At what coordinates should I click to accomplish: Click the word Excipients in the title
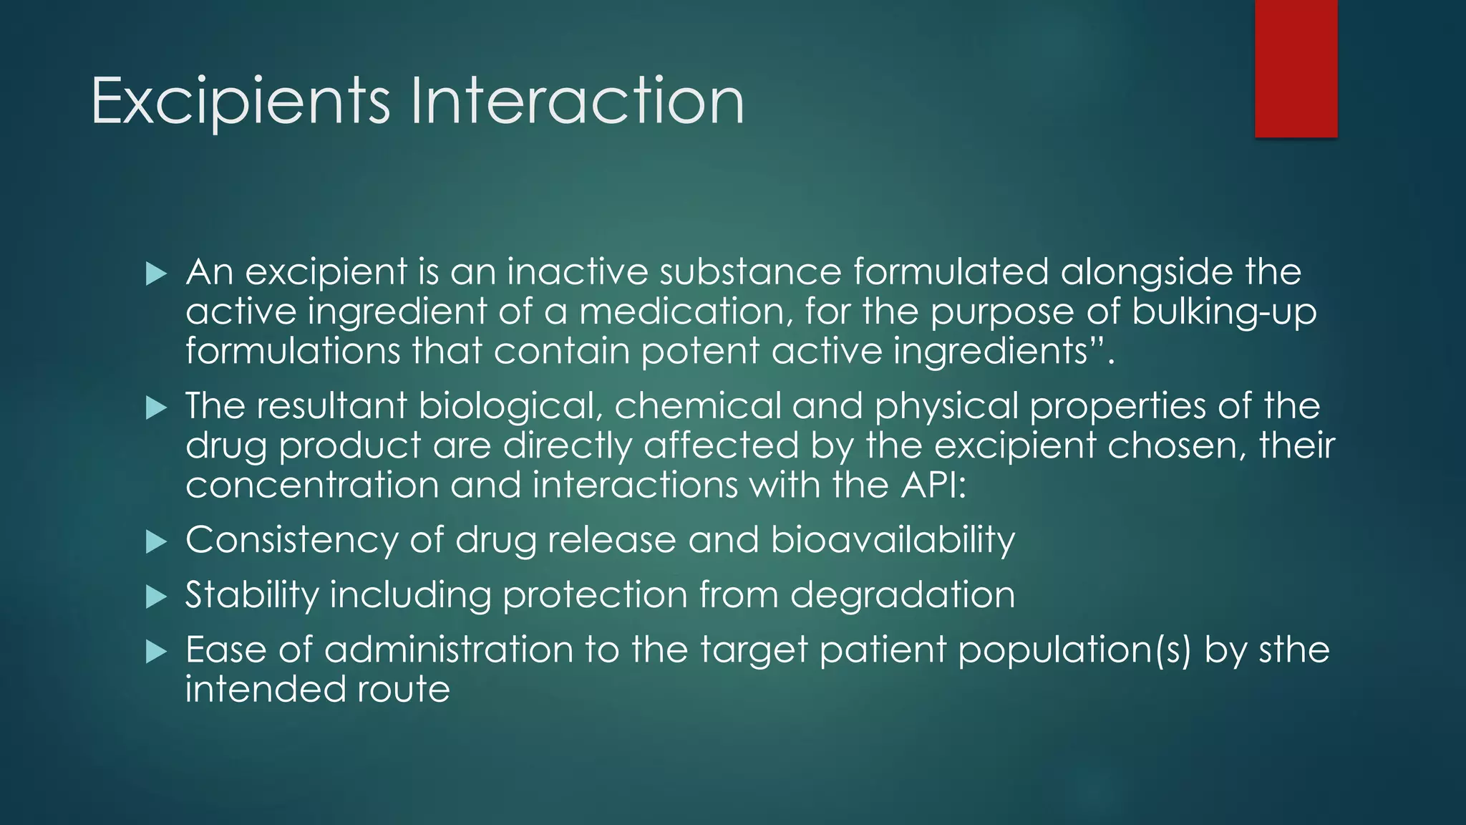tap(241, 102)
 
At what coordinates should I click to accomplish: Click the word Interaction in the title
tap(577, 102)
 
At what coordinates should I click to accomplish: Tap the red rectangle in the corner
tap(1296, 68)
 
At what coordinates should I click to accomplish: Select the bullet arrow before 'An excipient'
tap(155, 274)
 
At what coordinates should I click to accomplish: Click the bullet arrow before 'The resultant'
tap(155, 408)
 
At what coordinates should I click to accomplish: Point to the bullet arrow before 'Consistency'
tap(155, 542)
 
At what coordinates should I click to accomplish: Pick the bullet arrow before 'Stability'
tap(155, 597)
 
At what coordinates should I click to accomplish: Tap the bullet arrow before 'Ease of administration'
tap(155, 652)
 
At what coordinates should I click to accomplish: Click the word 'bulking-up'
tap(1224, 312)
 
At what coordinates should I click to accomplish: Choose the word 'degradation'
tap(902, 595)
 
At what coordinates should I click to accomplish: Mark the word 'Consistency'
tap(291, 540)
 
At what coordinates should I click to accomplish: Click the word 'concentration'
tap(311, 485)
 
